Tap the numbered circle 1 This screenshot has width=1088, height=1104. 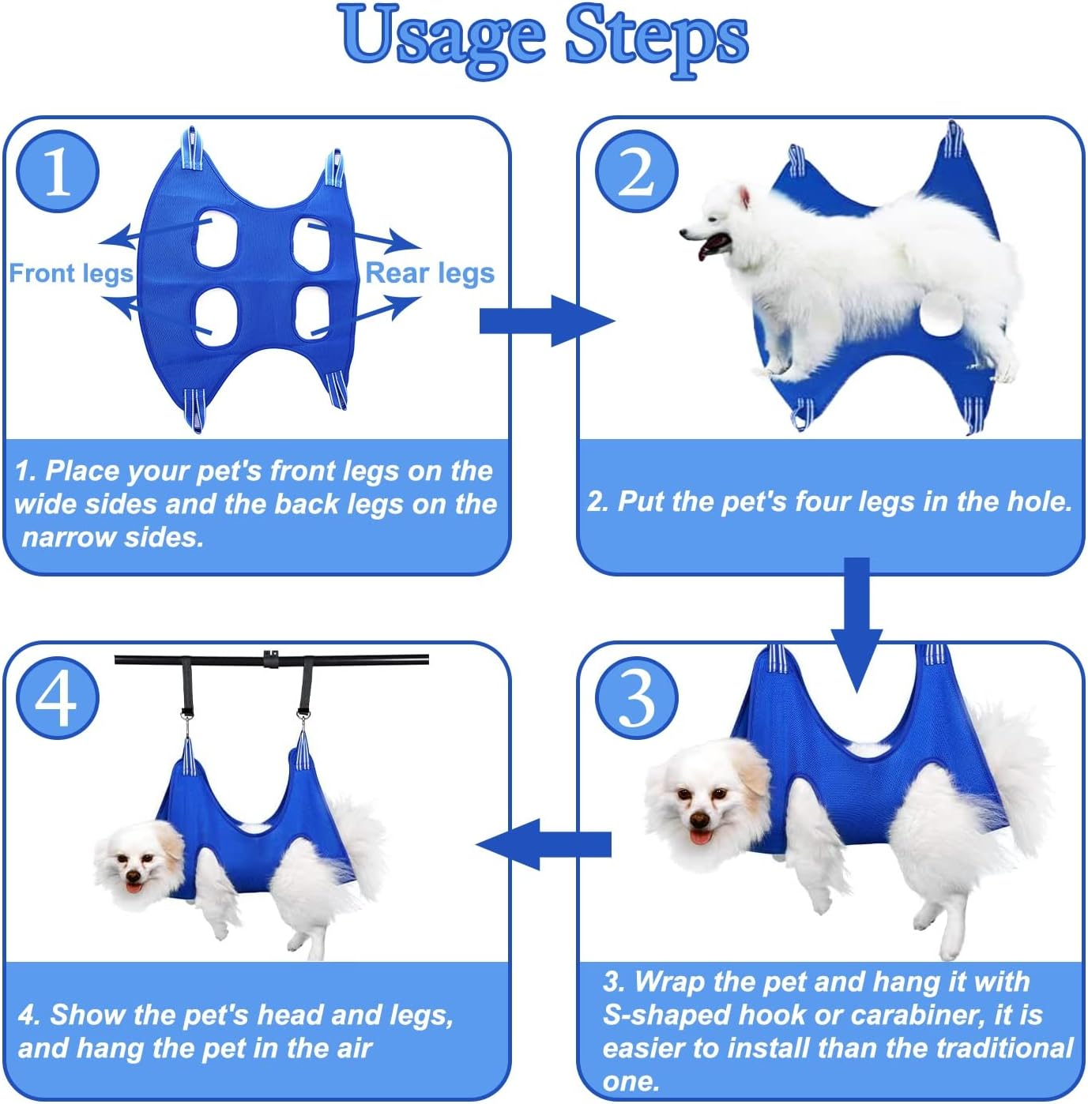pos(57,171)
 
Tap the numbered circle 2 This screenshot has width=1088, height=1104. pos(636,171)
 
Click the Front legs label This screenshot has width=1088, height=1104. pos(70,273)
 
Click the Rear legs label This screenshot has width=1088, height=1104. pos(430,273)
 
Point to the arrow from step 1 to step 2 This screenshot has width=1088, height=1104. pos(545,321)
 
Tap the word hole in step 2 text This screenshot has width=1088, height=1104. pos(1038,501)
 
